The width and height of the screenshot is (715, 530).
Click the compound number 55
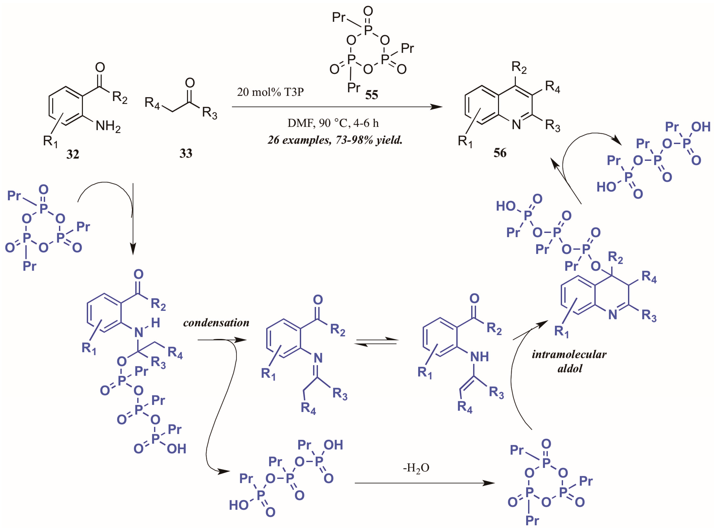(x=372, y=95)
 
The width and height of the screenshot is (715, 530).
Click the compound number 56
(x=500, y=153)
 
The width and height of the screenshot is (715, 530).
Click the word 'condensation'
(x=216, y=322)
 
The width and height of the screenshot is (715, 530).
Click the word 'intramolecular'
(x=569, y=354)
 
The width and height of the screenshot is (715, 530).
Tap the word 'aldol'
(x=570, y=368)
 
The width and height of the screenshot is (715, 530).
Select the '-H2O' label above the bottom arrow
(x=416, y=468)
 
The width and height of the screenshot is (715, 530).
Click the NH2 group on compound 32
(x=108, y=126)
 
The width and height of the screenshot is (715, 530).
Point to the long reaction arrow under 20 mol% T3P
(x=337, y=107)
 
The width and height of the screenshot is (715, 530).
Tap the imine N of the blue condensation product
(x=318, y=358)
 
